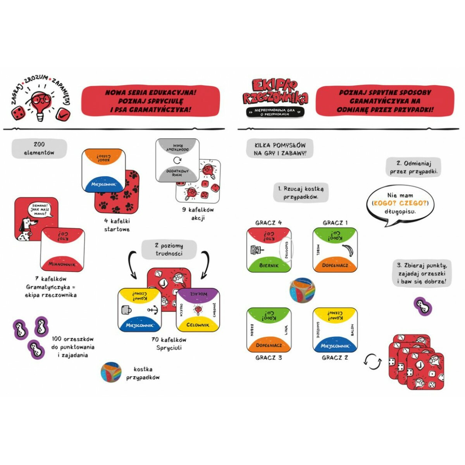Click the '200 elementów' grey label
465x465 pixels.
(x=39, y=149)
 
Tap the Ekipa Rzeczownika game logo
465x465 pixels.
(x=275, y=93)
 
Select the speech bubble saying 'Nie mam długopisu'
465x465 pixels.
(x=400, y=204)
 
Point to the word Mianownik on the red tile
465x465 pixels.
(x=62, y=264)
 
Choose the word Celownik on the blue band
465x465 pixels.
(x=198, y=325)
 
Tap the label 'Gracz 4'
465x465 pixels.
(x=269, y=223)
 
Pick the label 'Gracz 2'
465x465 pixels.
(x=335, y=358)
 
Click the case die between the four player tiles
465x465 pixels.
(x=302, y=289)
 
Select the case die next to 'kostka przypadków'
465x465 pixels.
(x=111, y=372)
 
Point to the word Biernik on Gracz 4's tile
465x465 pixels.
(x=269, y=266)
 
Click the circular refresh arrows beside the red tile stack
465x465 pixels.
(x=372, y=362)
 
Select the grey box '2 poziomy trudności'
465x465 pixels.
(x=169, y=250)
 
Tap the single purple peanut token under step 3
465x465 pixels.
(x=423, y=306)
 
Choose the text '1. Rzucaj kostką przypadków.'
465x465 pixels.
(x=301, y=193)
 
